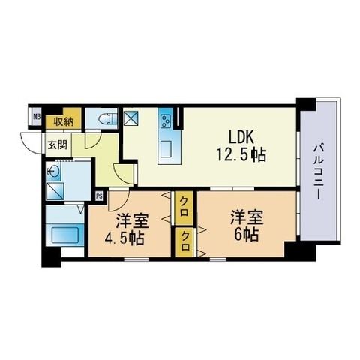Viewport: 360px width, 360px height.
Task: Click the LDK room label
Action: [241, 137]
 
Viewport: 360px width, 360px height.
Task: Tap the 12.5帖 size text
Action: [241, 154]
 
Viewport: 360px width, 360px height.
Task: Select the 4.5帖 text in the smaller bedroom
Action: [124, 238]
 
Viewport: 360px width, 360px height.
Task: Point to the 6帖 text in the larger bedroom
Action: [246, 234]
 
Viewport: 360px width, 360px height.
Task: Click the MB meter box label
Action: [37, 116]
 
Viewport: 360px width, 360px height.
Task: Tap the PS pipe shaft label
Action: [99, 196]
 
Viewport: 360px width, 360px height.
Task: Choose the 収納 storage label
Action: [64, 121]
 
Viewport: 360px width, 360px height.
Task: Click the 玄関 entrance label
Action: [58, 145]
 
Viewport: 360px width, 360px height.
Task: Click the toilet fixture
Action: [107, 119]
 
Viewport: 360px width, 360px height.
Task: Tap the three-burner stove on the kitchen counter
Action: [166, 121]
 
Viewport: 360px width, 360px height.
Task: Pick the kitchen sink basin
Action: [166, 149]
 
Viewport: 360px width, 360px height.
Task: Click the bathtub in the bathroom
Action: [65, 234]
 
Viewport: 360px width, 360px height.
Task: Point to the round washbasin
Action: [54, 172]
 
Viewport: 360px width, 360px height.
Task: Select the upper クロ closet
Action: [184, 208]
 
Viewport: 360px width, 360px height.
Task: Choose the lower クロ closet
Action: [184, 242]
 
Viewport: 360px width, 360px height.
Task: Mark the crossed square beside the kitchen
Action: [132, 118]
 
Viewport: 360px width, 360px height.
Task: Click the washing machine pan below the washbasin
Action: [55, 191]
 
